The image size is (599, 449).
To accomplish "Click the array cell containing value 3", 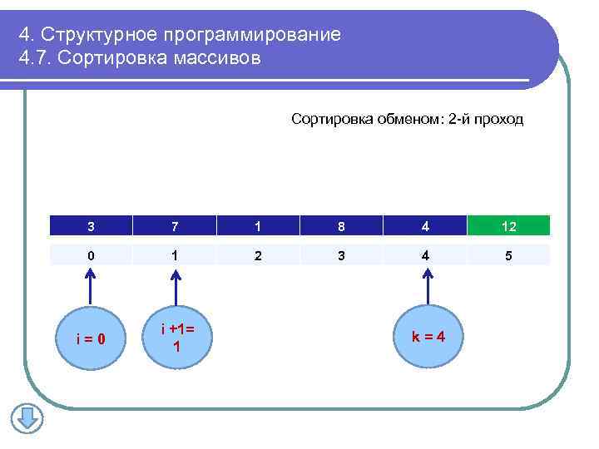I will click(91, 225).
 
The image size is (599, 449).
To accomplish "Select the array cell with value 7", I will click(175, 225).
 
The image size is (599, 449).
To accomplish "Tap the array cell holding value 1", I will click(258, 225).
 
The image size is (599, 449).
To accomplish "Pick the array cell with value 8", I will click(341, 225).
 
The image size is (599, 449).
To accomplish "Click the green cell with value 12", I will click(509, 225).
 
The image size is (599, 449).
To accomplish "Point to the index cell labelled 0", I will click(91, 255).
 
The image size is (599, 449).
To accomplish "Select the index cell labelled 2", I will click(258, 255).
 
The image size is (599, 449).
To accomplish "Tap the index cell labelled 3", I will click(341, 255).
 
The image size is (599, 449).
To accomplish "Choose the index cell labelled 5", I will click(509, 255).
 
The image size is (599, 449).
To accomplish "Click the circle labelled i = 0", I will click(89, 338).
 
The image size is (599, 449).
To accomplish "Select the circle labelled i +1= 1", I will click(176, 338).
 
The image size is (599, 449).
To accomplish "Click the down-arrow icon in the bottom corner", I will click(27, 417).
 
